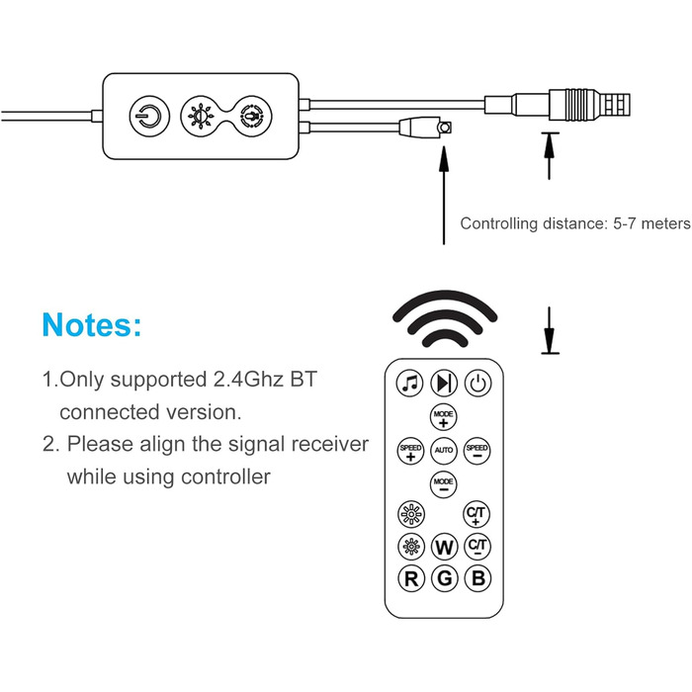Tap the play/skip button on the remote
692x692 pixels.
click(444, 384)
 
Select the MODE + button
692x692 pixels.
click(444, 416)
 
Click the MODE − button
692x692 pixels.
click(444, 484)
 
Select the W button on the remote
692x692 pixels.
click(444, 547)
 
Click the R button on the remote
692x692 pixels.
click(409, 579)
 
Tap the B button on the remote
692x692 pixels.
click(478, 579)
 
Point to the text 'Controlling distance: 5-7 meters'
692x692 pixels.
click(574, 223)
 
